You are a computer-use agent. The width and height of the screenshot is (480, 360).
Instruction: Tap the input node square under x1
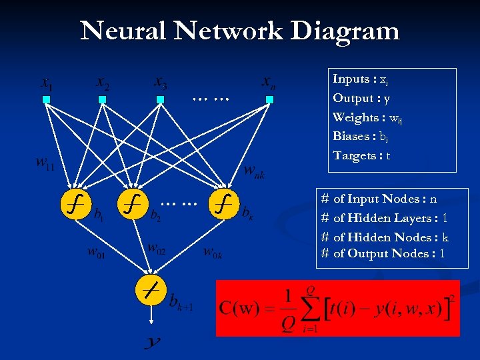[46, 100]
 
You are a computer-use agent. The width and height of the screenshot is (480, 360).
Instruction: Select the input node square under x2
[102, 100]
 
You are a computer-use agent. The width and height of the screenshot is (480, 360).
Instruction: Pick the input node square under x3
[160, 100]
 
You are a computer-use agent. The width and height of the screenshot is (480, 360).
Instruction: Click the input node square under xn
[269, 100]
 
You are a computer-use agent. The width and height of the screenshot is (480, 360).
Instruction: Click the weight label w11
[45, 163]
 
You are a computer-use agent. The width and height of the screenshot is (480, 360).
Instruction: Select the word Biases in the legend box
[351, 136]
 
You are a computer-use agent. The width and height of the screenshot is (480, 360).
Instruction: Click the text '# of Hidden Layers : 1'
[384, 218]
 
